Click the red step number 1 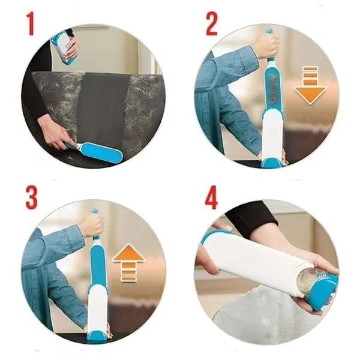coord(30,23)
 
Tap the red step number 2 coord(212,23)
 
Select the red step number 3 coord(31,197)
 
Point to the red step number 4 coord(211,197)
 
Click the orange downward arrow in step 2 coord(310,85)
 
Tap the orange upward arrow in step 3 coord(129,263)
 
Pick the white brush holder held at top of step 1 coord(64,50)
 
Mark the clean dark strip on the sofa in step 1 coord(103,108)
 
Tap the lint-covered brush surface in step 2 coord(272,89)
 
